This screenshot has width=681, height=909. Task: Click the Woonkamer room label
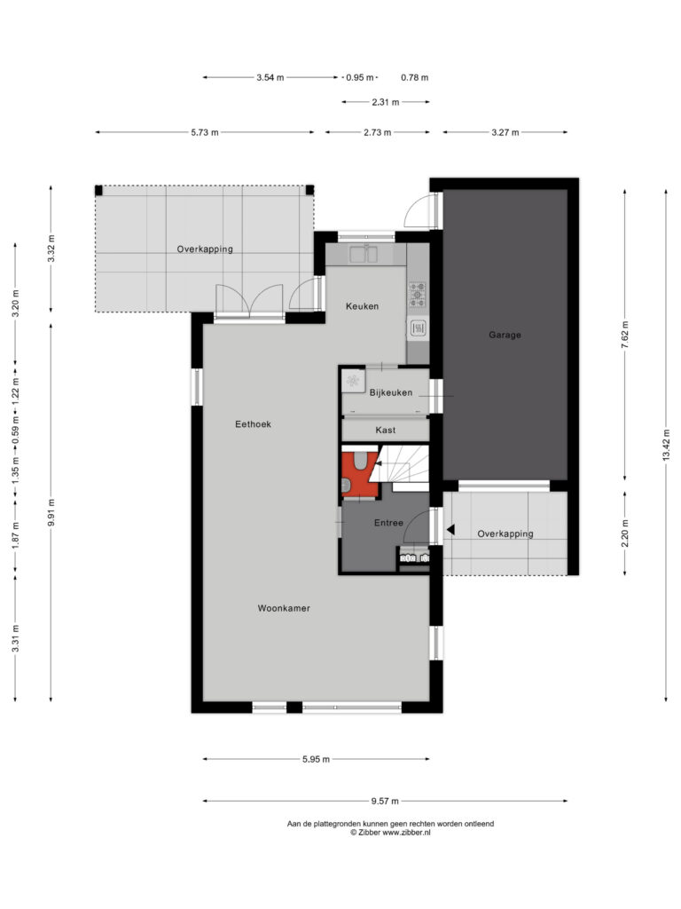tap(284, 608)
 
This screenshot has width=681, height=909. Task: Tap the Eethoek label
tap(253, 424)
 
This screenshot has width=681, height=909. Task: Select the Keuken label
tap(362, 306)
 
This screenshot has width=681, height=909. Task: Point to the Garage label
tap(505, 335)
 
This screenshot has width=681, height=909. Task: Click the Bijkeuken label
tap(391, 392)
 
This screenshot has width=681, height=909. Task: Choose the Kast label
tap(386, 431)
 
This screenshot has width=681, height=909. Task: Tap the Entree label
tap(388, 523)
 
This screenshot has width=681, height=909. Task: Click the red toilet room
tap(360, 474)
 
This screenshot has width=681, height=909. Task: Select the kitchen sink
tap(364, 253)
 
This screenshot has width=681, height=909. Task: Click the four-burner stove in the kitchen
tap(418, 294)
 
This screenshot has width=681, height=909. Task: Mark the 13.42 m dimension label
tap(666, 446)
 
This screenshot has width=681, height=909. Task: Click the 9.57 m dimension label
tap(385, 802)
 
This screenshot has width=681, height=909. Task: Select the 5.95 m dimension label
tap(317, 760)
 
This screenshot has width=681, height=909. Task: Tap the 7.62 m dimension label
tap(625, 335)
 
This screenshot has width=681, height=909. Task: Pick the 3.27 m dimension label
tap(505, 133)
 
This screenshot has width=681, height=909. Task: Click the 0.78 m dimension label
tap(415, 78)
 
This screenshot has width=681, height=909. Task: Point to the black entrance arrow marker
tap(450, 529)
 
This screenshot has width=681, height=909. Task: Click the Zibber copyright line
tap(390, 833)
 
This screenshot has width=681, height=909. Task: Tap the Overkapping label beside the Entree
tap(505, 534)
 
